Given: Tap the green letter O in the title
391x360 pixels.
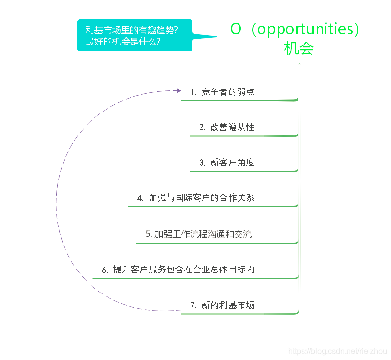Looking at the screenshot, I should point(236,29).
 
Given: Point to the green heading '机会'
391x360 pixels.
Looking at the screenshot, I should point(299,49).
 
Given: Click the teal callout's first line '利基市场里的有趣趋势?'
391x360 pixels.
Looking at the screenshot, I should point(131,30).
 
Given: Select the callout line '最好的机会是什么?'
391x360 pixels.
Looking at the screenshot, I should point(123,42).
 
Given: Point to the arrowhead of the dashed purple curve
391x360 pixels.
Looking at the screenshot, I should point(178,90).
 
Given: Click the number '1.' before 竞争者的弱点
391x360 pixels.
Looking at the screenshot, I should point(194,92).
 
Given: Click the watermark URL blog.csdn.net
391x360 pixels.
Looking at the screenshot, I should point(338,351).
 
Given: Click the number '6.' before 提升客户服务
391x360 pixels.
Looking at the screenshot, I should point(105,270).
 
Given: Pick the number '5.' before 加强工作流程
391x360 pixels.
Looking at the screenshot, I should point(149,234).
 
